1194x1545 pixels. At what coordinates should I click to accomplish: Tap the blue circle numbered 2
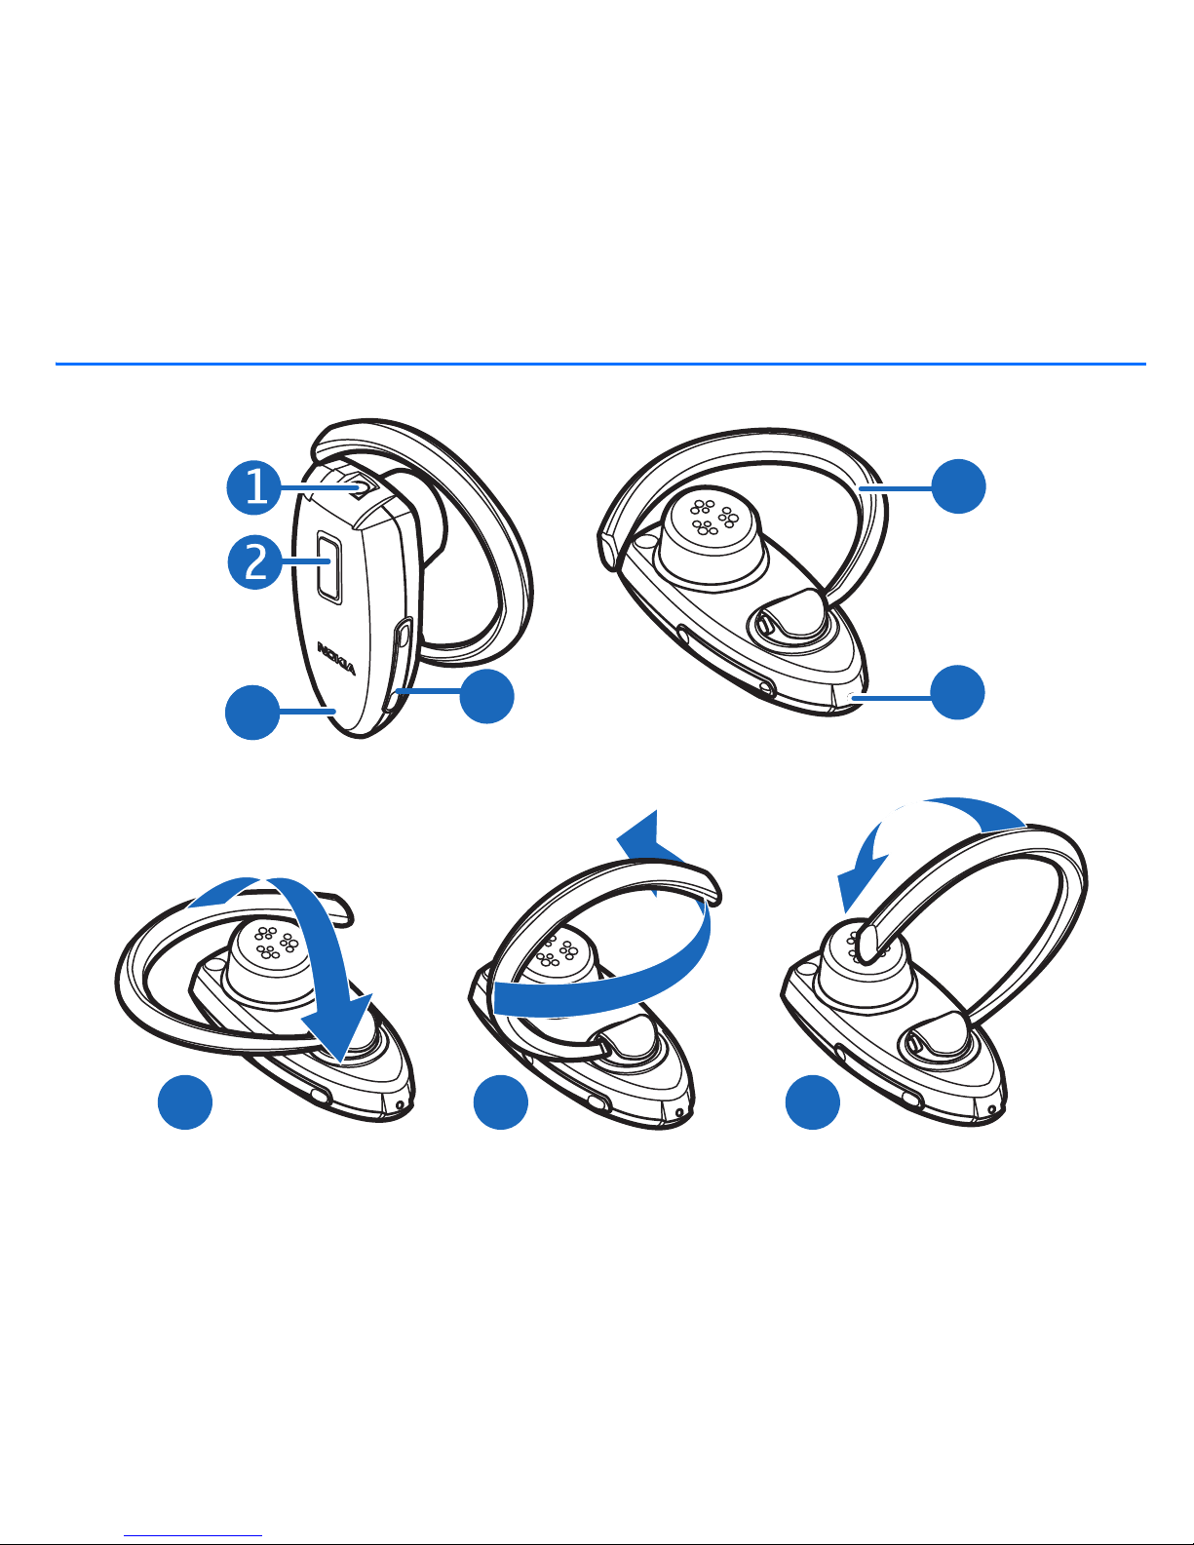click(x=255, y=562)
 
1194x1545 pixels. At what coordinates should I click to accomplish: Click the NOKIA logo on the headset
click(x=336, y=656)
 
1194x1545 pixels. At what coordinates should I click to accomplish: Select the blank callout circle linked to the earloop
click(x=958, y=485)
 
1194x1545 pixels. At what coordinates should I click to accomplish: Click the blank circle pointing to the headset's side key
click(x=486, y=695)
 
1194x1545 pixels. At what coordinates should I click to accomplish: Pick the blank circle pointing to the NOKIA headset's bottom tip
click(x=252, y=713)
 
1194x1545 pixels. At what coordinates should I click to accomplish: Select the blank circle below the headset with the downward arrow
click(x=185, y=1101)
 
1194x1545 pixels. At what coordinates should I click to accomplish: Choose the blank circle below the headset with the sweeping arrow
click(x=500, y=1101)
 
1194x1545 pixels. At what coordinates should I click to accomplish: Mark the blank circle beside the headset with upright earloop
click(x=814, y=1101)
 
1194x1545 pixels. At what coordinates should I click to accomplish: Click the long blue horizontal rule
click(x=599, y=365)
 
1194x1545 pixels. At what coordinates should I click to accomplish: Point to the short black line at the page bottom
click(x=194, y=1534)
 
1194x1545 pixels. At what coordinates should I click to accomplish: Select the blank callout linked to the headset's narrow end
click(x=957, y=692)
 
